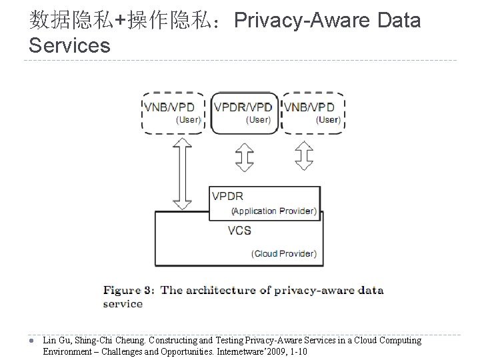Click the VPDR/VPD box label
click(x=243, y=107)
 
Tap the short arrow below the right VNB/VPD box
click(x=305, y=157)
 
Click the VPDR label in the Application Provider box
click(x=227, y=196)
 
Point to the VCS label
click(x=239, y=231)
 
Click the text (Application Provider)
click(x=273, y=211)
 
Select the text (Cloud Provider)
click(x=284, y=253)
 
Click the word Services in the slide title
click(x=70, y=45)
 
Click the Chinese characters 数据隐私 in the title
click(x=71, y=21)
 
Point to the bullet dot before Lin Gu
click(x=33, y=341)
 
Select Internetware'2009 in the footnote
click(x=251, y=351)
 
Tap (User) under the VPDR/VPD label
click(x=258, y=120)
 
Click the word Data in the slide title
click(x=399, y=21)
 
